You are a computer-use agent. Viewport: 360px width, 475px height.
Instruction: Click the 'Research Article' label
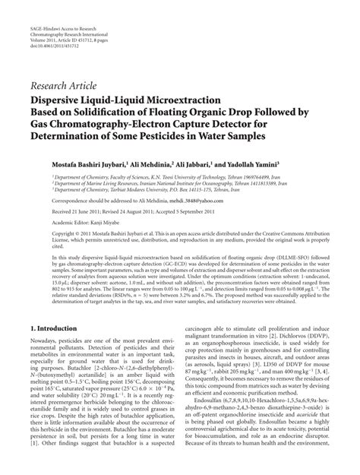(66, 86)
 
